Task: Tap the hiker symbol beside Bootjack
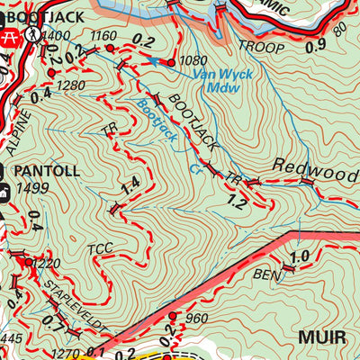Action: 31,33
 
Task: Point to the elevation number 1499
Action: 32,188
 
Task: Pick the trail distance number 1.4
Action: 130,186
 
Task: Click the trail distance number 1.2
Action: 237,202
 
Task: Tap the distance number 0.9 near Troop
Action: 315,46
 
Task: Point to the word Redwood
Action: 315,167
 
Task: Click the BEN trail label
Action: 265,274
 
